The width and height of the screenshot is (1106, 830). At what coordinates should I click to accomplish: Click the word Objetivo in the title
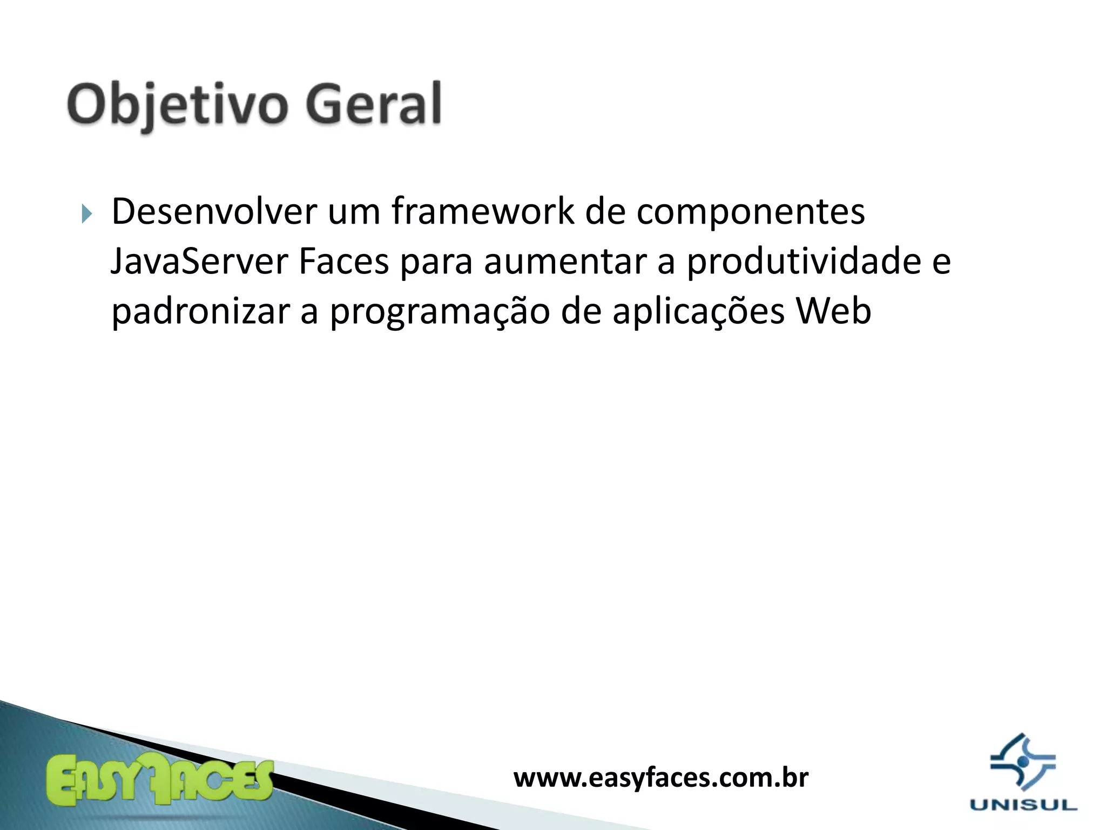point(176,104)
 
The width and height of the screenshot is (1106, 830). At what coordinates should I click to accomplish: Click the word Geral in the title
point(374,104)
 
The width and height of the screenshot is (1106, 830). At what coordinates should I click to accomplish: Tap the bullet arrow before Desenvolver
point(87,214)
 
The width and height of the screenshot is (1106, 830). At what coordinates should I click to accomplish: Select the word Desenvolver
point(214,211)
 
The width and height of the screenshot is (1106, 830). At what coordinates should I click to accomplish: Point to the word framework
point(483,211)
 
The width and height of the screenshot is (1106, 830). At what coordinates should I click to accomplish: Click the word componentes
point(751,212)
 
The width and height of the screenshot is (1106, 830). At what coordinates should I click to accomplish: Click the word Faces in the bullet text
point(343,262)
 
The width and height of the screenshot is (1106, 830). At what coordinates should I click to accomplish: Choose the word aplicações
point(698,312)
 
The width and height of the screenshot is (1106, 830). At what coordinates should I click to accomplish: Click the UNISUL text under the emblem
point(1023,805)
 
